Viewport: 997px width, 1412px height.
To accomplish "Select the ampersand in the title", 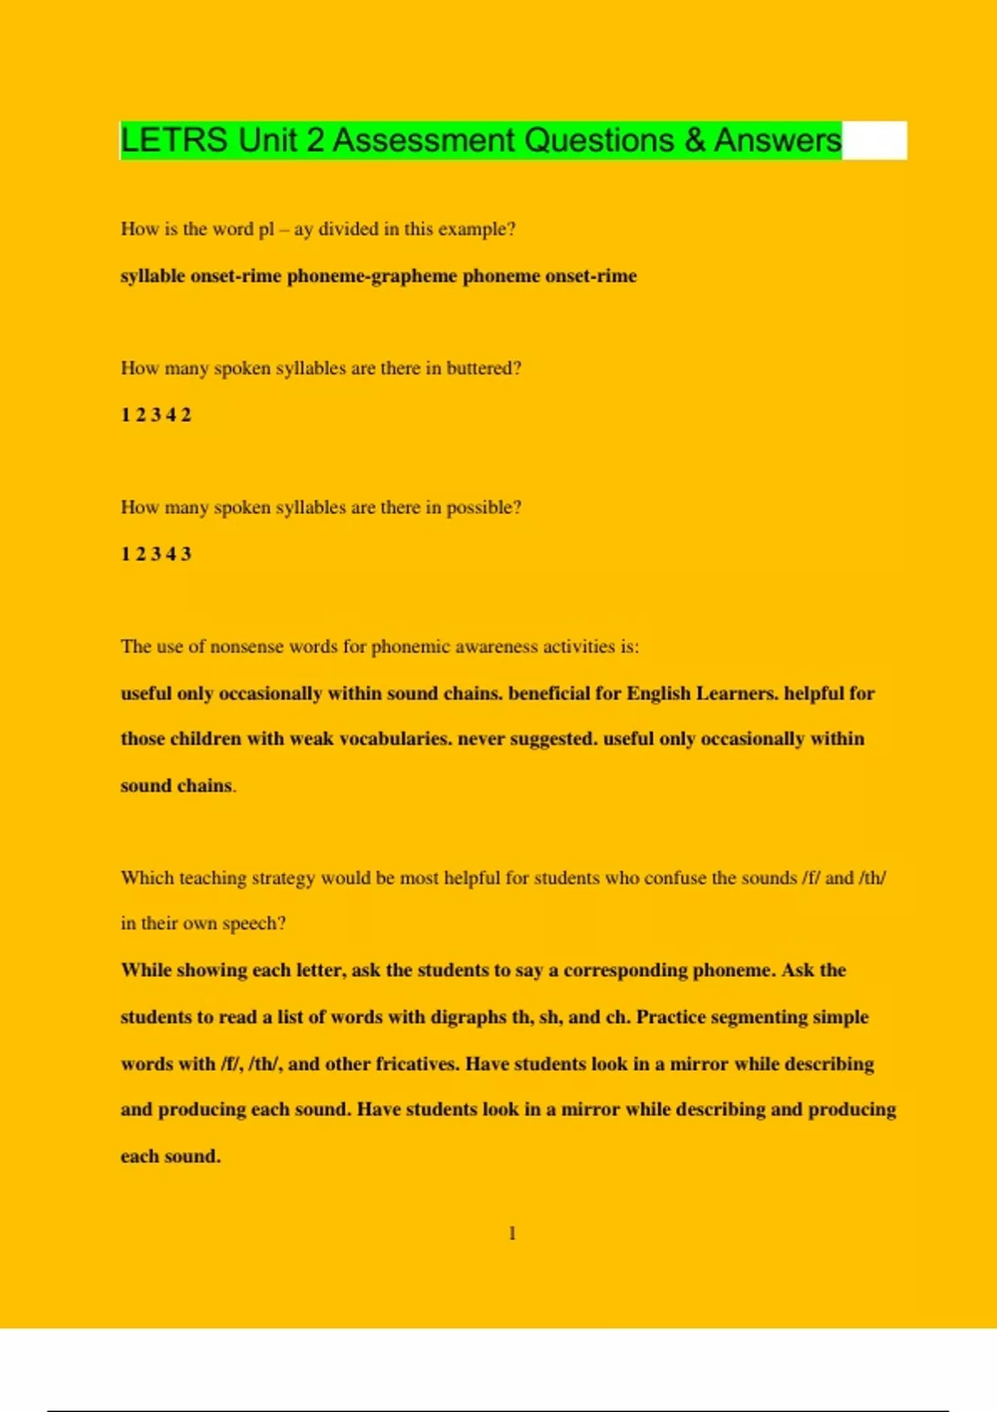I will [695, 140].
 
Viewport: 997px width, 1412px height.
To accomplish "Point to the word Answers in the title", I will [778, 140].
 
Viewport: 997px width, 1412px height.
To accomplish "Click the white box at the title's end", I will [874, 140].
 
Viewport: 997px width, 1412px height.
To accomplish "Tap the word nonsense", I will [246, 647].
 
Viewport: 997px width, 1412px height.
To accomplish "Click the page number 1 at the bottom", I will [512, 1233].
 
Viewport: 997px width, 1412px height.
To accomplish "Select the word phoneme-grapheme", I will [371, 276].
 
